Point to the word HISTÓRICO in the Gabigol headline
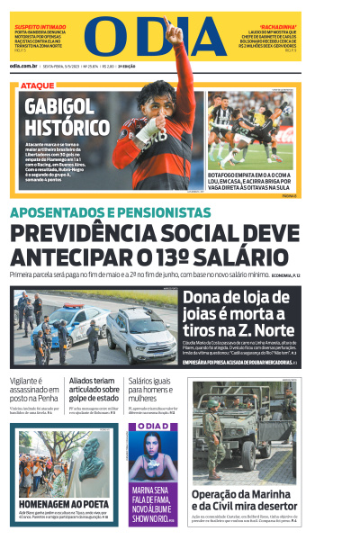[67, 126]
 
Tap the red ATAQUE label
[37, 85]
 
